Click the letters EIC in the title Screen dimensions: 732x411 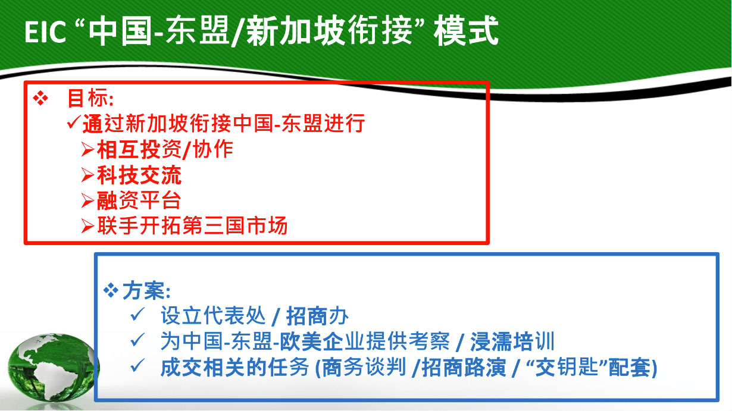coord(45,32)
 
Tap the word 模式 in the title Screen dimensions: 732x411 coord(466,32)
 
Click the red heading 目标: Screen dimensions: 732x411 coord(90,98)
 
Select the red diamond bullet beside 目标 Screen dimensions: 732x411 coord(40,98)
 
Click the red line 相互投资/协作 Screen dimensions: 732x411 coord(165,150)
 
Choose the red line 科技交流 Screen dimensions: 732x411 coord(139,175)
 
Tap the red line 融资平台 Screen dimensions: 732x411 coord(139,200)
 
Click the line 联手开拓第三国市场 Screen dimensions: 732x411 coord(192,225)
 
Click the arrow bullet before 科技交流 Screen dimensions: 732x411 coord(87,175)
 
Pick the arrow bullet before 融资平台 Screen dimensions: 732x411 coord(87,200)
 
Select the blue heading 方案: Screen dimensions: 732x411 coord(146,291)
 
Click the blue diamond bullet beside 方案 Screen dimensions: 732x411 coord(111,290)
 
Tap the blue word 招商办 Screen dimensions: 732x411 coord(317,316)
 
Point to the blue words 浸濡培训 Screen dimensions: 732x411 coord(512,341)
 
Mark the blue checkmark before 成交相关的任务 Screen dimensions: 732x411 coord(137,365)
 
